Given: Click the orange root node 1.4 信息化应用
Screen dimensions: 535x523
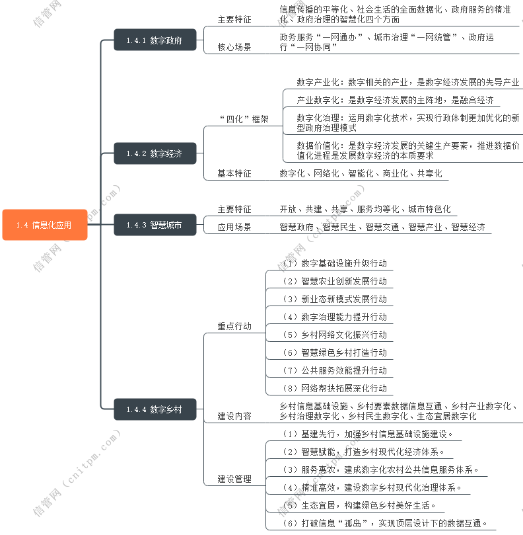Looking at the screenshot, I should (44, 225).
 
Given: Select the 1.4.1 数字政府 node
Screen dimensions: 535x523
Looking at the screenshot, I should (155, 40).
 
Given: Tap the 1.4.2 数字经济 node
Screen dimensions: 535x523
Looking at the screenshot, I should (155, 154).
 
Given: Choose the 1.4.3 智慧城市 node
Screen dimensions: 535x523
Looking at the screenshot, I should (155, 225).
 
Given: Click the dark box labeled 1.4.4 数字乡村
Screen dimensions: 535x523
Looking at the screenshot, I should (155, 409).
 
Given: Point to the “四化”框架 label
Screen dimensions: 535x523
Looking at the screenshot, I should (243, 119).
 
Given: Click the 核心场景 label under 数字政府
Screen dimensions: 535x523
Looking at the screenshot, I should (234, 47).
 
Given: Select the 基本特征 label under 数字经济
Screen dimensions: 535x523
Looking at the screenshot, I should (234, 173).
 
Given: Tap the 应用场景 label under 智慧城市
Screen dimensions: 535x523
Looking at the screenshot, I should (234, 227).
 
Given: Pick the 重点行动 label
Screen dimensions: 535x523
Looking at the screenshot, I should (234, 326).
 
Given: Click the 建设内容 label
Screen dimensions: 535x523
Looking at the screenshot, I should (234, 417).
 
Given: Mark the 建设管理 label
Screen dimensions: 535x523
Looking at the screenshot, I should (234, 479).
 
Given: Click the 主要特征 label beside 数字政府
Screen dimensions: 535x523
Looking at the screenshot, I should (234, 20).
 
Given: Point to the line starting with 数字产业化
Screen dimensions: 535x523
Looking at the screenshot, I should (407, 83).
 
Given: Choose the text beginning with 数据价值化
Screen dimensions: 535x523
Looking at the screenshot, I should (407, 151).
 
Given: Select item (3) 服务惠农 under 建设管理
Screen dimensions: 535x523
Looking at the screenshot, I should (380, 470).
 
